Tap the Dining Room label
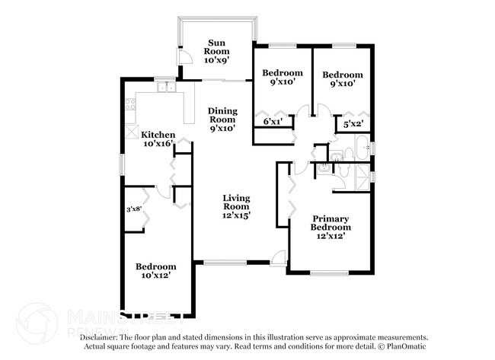(222, 119)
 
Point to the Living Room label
(236, 206)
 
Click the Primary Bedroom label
(331, 227)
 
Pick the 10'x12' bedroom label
(156, 271)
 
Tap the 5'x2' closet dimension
(353, 123)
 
